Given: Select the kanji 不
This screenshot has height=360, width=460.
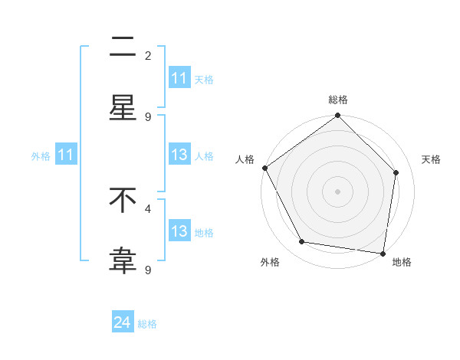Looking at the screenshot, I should (x=123, y=201).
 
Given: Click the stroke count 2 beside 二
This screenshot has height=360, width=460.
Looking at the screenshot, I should (x=148, y=56).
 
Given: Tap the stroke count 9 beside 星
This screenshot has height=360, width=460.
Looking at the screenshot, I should (x=148, y=116).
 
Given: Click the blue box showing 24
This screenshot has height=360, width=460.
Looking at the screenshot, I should (x=123, y=322).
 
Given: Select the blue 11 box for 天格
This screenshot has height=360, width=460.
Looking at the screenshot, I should (x=179, y=78).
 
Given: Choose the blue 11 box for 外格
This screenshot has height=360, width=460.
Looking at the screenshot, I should (x=66, y=155).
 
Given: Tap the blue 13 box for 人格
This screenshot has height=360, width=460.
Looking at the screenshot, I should (x=179, y=155).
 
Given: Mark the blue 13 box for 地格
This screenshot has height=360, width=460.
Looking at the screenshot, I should (x=179, y=231).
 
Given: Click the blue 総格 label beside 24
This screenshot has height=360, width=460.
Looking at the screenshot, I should (x=147, y=324).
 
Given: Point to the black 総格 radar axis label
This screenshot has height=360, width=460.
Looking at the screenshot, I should (x=338, y=100).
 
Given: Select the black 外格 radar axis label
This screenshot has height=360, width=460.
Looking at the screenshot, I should (x=270, y=262).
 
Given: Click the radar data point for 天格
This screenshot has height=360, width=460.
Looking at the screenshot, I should (x=396, y=172).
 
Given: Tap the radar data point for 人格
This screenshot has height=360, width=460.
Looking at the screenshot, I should (x=265, y=168).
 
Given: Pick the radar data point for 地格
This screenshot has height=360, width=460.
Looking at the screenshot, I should (x=383, y=253).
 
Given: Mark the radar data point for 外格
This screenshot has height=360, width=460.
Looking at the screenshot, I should (x=302, y=242).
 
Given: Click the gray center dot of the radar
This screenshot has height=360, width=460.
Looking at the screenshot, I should (x=338, y=191).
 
